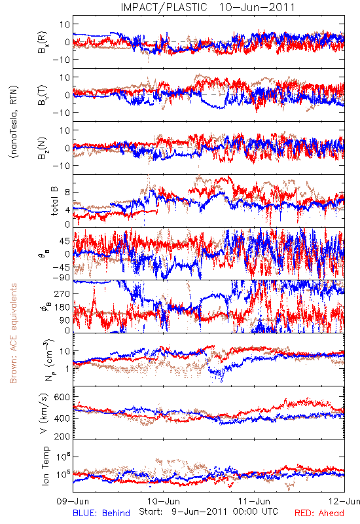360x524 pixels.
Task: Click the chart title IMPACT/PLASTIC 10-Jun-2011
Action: (207, 7)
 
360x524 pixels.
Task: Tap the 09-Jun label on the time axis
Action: (73, 501)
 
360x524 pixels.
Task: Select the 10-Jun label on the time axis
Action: (164, 501)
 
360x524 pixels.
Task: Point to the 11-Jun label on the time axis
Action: (254, 501)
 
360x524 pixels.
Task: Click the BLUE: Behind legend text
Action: (101, 513)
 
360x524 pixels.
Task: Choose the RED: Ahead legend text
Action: (319, 513)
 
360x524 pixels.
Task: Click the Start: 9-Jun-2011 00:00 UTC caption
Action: (208, 512)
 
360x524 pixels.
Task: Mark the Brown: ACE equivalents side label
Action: (13, 333)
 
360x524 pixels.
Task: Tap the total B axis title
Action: (54, 201)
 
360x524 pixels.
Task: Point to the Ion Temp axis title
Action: (45, 466)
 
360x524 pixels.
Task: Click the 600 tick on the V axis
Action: (62, 397)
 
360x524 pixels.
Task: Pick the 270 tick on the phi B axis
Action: (62, 293)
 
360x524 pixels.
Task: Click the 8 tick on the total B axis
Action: (67, 193)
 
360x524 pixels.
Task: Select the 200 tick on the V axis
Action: (62, 436)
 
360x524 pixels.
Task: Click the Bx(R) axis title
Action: (43, 43)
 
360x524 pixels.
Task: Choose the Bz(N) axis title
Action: (43, 148)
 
